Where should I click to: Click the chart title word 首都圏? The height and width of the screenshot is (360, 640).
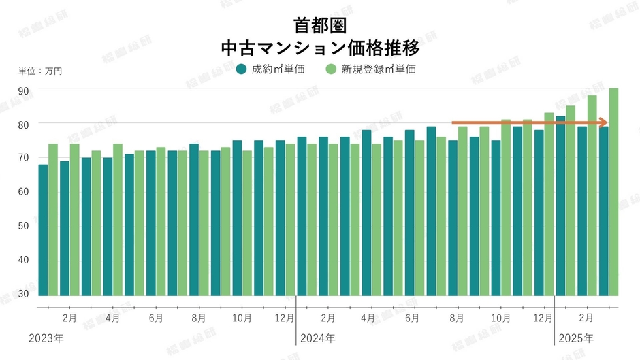[x=320, y=26]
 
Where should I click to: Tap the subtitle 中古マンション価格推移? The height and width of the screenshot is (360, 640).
[x=320, y=49]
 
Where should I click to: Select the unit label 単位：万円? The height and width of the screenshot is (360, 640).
[x=40, y=71]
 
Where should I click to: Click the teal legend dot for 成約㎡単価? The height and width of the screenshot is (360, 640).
[x=241, y=69]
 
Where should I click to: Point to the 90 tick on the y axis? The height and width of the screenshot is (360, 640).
[x=23, y=91]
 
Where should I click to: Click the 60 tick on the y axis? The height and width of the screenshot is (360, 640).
[x=23, y=192]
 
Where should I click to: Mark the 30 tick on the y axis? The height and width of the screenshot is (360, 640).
[x=23, y=293]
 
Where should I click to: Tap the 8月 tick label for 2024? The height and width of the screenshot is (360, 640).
[x=457, y=318]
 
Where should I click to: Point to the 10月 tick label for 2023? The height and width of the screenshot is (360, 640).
[x=242, y=318]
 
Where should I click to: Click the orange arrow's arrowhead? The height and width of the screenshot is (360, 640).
[x=603, y=122]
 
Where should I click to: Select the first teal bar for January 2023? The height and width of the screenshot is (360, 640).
[x=43, y=230]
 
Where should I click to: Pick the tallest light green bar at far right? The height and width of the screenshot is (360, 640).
[x=613, y=192]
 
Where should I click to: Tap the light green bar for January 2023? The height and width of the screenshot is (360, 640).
[x=53, y=220]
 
